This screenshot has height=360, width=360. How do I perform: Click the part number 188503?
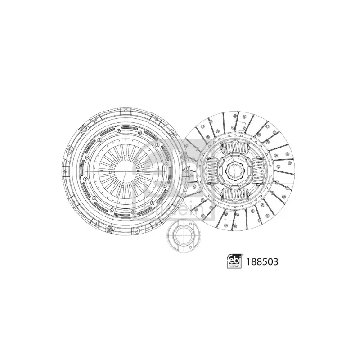(x=262, y=261)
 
